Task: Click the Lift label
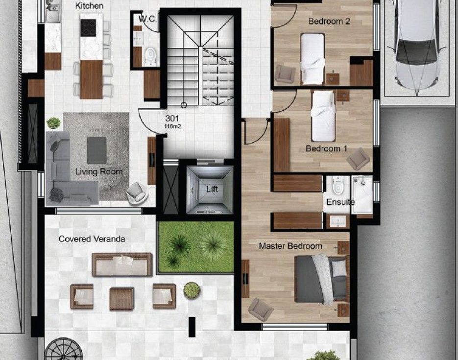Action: [x=212, y=189]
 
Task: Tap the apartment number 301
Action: [x=172, y=118]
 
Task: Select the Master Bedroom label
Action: [x=290, y=246]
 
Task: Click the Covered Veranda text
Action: [x=92, y=239]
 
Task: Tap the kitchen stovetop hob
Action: [x=88, y=28]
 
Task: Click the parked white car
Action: [x=417, y=44]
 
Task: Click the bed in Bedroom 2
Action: [x=313, y=59]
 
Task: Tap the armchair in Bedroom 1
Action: [x=358, y=159]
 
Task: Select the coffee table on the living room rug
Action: [x=96, y=150]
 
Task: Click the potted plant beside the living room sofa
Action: [x=53, y=123]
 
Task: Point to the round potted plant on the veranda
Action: [x=192, y=290]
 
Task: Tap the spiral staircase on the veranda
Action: [x=63, y=350]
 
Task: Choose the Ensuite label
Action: [x=340, y=202]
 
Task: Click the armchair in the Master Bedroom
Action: [x=261, y=309]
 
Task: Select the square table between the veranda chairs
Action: [x=122, y=299]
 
